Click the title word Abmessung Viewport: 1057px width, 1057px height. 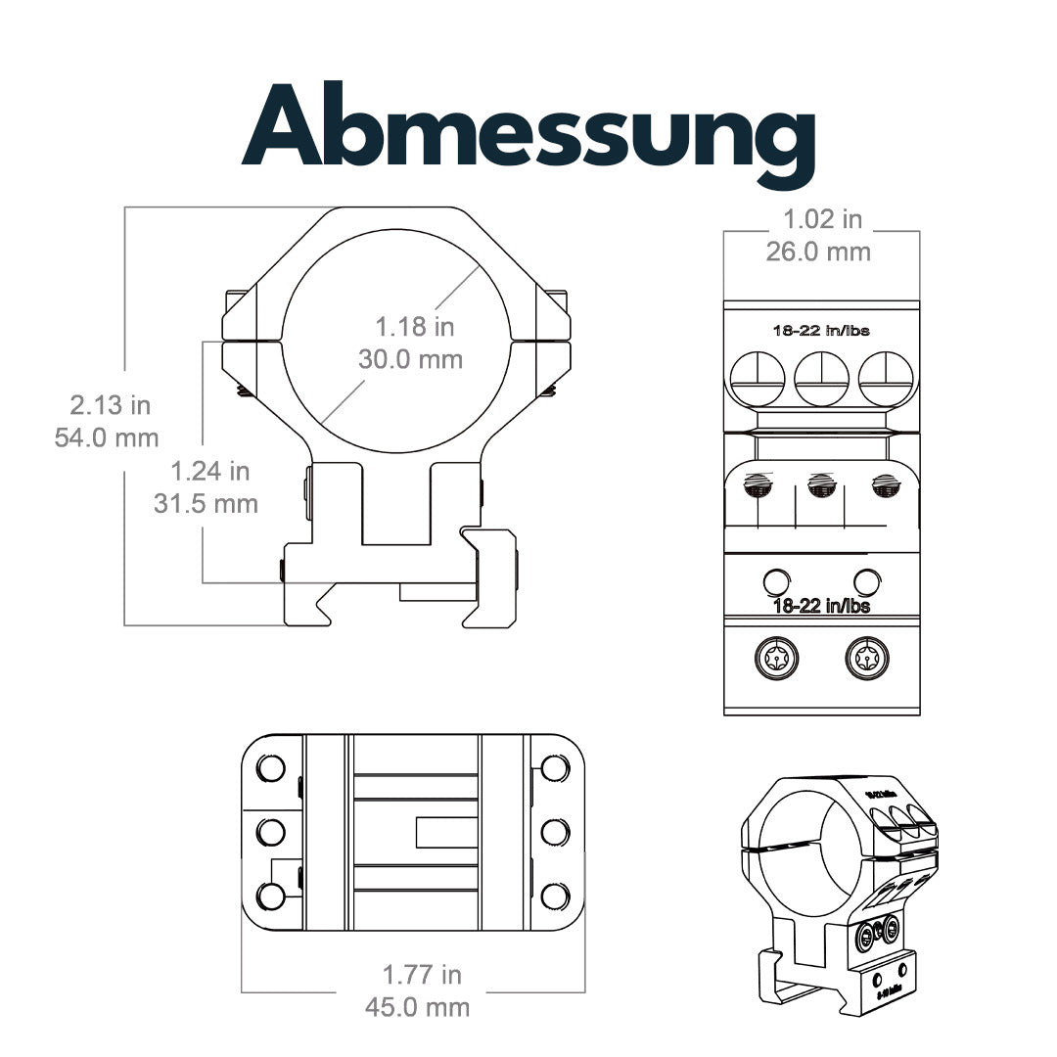tap(528, 127)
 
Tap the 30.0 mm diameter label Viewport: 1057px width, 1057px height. tap(410, 358)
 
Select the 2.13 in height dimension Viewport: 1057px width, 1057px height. tap(109, 404)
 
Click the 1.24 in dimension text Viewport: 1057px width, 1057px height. tap(209, 472)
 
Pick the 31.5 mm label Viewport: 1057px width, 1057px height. tap(206, 504)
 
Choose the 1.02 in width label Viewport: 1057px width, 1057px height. tap(822, 219)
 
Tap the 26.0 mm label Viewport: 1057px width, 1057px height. tap(818, 252)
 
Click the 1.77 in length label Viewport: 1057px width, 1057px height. tap(422, 975)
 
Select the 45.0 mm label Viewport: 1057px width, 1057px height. tap(417, 1006)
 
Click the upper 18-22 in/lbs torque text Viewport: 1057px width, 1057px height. tap(821, 331)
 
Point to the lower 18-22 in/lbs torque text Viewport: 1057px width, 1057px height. tap(821, 606)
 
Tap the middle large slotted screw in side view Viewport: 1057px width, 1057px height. tap(821, 378)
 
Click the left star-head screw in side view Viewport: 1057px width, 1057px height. tap(777, 660)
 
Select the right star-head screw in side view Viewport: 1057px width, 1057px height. tap(866, 660)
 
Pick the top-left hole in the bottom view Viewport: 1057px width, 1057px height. tap(271, 768)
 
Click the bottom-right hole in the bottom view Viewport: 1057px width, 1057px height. tap(555, 896)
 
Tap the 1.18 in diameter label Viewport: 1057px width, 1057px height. tap(415, 326)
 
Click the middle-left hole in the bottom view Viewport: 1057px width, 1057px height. tap(270, 833)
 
